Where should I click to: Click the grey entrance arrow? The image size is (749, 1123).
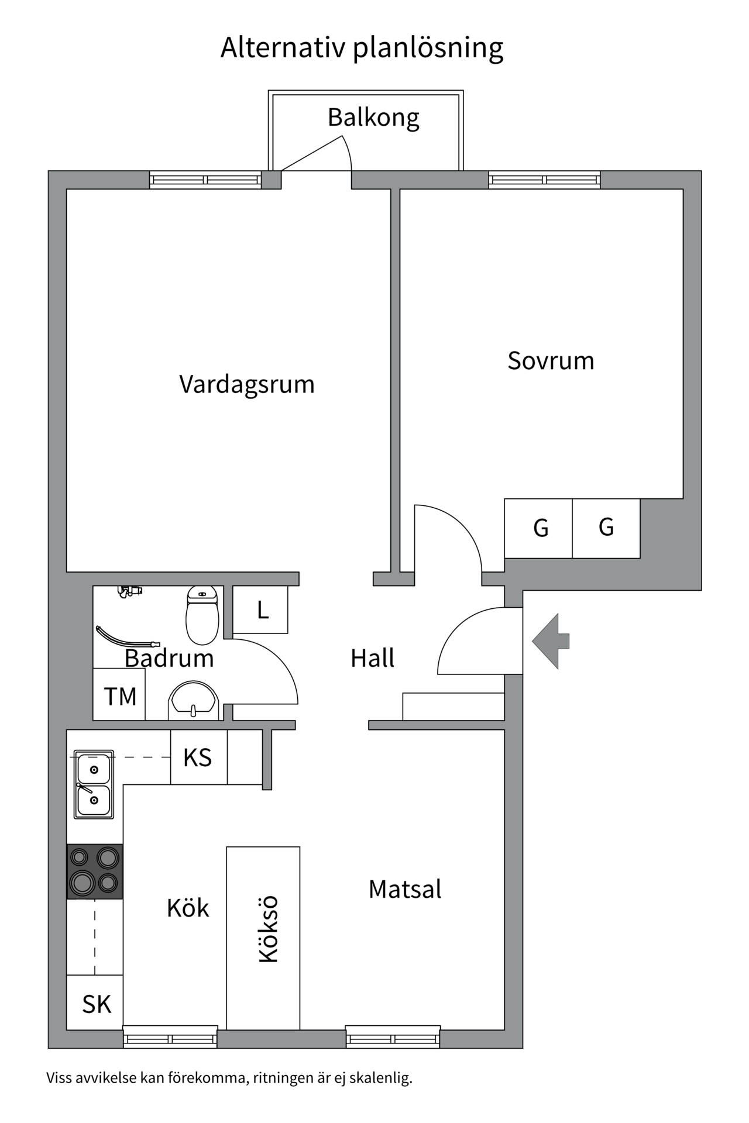pyautogui.click(x=550, y=641)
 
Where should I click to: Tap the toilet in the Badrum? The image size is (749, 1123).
pyautogui.click(x=202, y=615)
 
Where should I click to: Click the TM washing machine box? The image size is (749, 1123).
pyautogui.click(x=119, y=695)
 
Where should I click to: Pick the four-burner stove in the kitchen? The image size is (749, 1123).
pyautogui.click(x=95, y=871)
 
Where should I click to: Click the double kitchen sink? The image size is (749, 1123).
pyautogui.click(x=94, y=784)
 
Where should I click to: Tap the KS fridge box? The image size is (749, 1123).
pyautogui.click(x=198, y=757)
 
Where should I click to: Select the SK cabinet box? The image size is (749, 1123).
pyautogui.click(x=95, y=1004)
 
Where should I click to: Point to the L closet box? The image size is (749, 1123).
pyautogui.click(x=261, y=610)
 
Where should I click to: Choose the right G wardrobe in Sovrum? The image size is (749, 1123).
pyautogui.click(x=606, y=528)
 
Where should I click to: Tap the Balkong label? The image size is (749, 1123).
pyautogui.click(x=373, y=118)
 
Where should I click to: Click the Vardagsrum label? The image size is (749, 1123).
pyautogui.click(x=246, y=385)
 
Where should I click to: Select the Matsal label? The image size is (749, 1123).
pyautogui.click(x=405, y=889)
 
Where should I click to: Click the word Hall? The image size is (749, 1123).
pyautogui.click(x=372, y=658)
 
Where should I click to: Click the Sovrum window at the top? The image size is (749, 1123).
pyautogui.click(x=544, y=180)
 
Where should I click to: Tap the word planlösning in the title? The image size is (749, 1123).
pyautogui.click(x=428, y=48)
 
